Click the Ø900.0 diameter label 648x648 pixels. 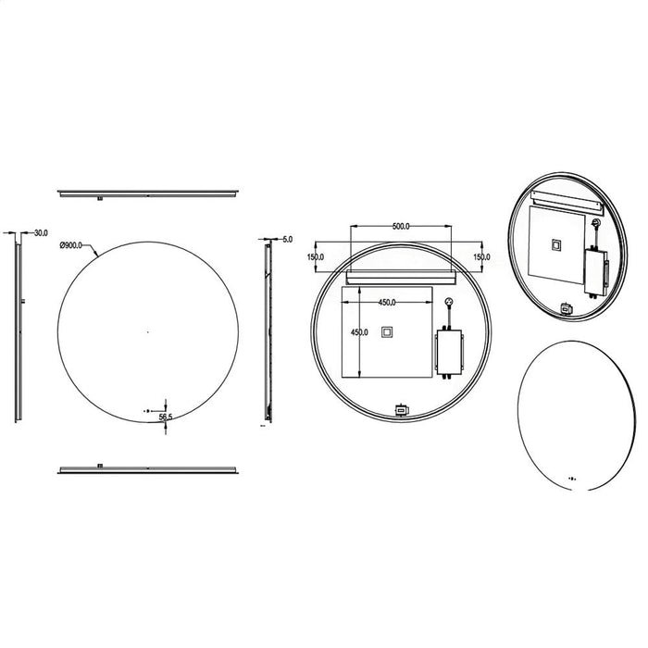(70, 245)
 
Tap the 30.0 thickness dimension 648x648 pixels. (41, 233)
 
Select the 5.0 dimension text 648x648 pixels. (288, 239)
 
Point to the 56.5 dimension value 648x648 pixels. (166, 417)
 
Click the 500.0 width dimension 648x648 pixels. (401, 226)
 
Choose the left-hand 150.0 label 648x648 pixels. (316, 257)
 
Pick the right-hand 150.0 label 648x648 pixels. (481, 257)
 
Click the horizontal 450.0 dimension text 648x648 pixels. (387, 303)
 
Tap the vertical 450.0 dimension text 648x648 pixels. (359, 331)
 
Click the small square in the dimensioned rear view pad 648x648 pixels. (387, 332)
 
